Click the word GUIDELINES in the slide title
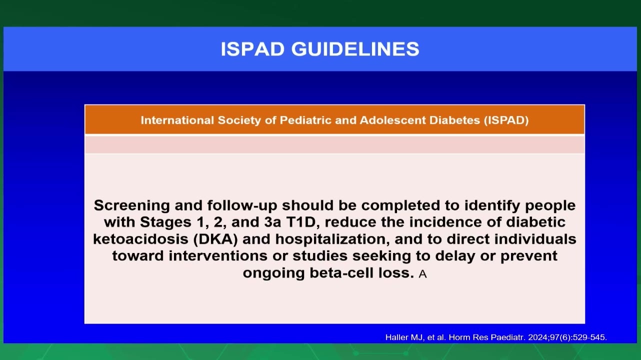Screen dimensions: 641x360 pos(355,49)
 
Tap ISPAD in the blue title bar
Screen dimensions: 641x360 pos(252,49)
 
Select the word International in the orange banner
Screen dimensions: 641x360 pos(177,120)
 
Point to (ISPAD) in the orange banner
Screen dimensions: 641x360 pos(506,120)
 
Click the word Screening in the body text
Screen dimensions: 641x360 pos(132,206)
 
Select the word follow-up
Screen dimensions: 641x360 pos(242,206)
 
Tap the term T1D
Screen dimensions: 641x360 pos(302,222)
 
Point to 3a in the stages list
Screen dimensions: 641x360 pos(272,222)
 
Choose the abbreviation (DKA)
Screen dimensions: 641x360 pos(215,239)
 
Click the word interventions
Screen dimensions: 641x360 pos(218,256)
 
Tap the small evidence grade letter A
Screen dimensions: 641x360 pos(422,274)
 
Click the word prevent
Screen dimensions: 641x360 pos(529,256)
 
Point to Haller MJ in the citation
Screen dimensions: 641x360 pos(404,337)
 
